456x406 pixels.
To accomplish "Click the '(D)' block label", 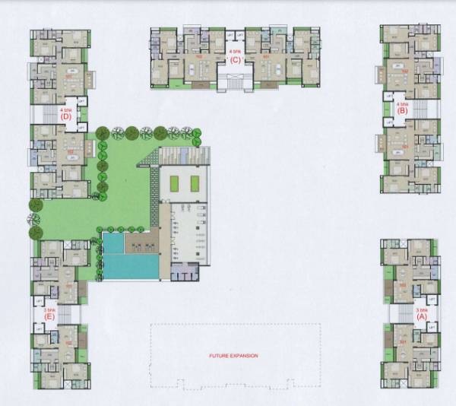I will pos(67,117).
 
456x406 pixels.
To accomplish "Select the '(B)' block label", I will pos(402,111).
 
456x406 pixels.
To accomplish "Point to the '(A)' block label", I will pos(423,319).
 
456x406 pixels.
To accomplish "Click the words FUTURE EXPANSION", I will pos(235,355).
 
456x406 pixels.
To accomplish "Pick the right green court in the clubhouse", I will pos(195,183).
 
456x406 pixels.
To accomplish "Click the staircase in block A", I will pos(402,312).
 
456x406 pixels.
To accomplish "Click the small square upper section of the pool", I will pos(112,243).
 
